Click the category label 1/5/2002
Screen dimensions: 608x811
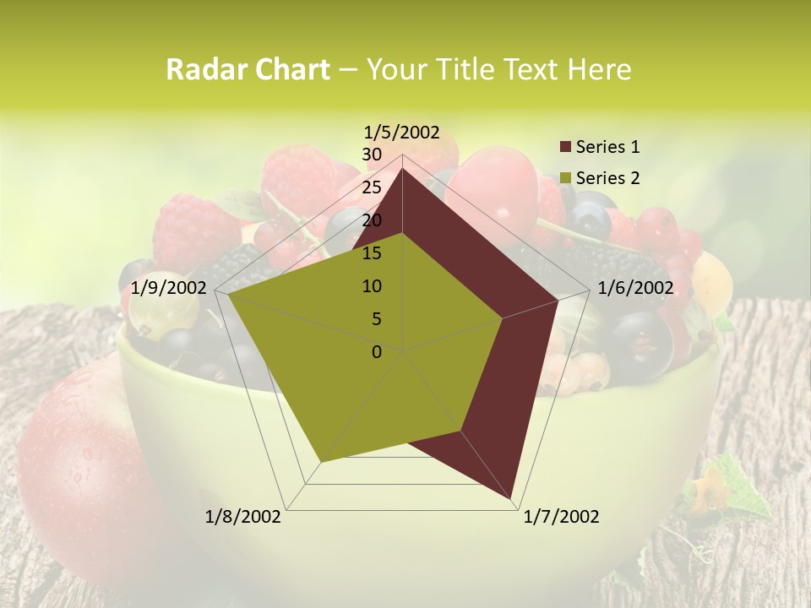pos(402,132)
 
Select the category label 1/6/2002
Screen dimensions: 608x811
pos(635,288)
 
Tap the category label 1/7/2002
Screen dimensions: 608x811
pos(561,517)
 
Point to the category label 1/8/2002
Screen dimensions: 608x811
pos(243,517)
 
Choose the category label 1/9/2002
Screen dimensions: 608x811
pos(169,288)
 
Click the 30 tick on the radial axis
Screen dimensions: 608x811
pos(372,155)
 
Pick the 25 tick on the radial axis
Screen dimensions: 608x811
pos(372,187)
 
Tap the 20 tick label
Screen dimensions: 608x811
pos(372,220)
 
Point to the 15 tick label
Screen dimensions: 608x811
pos(372,253)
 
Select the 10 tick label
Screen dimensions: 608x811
pos(372,286)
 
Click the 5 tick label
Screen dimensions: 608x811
pos(377,319)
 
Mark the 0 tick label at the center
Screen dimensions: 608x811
pos(377,352)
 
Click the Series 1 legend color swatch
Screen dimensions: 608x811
pos(566,147)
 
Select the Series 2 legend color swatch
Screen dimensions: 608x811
pos(566,178)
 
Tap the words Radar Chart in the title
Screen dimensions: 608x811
pos(248,70)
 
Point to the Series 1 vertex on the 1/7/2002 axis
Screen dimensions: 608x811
pos(511,499)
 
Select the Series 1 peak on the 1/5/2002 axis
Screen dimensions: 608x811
pos(403,168)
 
